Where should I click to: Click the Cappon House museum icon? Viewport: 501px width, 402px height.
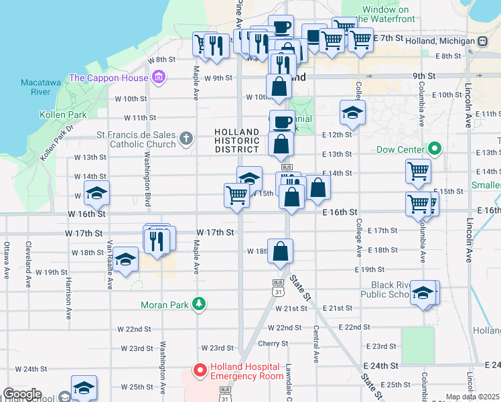point(159,78)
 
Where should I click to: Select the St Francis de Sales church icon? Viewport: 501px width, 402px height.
point(186,139)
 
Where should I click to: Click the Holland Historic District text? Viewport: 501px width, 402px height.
point(237,140)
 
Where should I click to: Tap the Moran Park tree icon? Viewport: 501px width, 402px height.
point(199,305)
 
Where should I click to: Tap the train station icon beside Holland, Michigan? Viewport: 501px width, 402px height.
point(482,42)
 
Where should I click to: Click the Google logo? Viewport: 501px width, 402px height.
point(22,394)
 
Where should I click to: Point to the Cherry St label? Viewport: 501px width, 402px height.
point(273,343)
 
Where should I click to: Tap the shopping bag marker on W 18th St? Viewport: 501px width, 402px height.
point(280,251)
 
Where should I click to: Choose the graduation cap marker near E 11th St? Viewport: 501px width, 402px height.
point(352,113)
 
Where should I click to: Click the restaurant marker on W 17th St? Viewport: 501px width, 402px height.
point(158,239)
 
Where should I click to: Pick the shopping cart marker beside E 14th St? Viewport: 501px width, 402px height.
point(418,171)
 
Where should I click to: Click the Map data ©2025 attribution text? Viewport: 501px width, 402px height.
point(473,397)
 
